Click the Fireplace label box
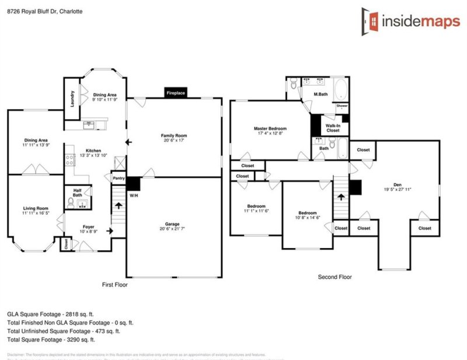[x=176, y=93]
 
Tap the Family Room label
[x=174, y=135]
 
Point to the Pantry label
[x=119, y=179]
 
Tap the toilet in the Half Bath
[x=71, y=202]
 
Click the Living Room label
[x=35, y=208]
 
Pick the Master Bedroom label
[x=270, y=128]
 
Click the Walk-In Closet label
[x=332, y=128]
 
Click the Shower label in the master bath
[x=341, y=106]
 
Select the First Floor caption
[x=114, y=285]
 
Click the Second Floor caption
[x=334, y=277]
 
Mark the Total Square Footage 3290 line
[x=51, y=339]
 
